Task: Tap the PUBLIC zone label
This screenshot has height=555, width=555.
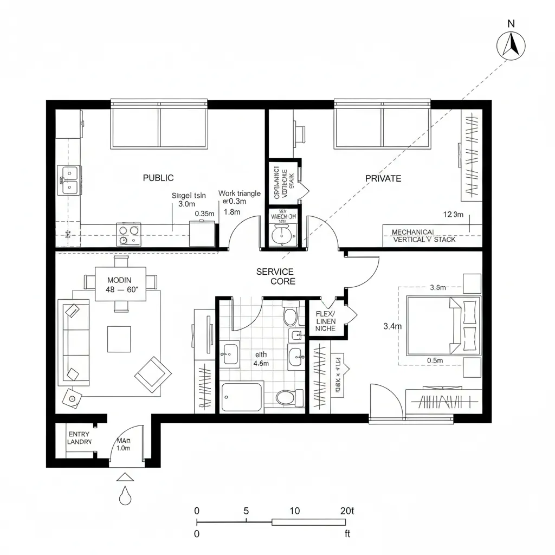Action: tap(158, 178)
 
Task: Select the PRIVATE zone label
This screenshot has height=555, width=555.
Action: tap(383, 178)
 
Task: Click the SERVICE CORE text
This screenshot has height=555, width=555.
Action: tap(275, 276)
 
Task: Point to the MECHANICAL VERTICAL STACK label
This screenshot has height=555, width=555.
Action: tap(424, 235)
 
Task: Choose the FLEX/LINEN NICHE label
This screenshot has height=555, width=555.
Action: tap(325, 321)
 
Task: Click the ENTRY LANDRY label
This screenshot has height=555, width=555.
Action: tap(80, 438)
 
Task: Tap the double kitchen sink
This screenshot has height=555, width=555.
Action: tap(69, 180)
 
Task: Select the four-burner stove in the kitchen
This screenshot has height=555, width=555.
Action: tap(128, 235)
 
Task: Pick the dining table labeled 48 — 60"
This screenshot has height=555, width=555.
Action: tap(121, 285)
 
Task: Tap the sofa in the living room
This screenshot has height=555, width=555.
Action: tap(76, 340)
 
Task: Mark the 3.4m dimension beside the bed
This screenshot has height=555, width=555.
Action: tap(392, 326)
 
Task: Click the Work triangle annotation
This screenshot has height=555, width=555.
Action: tap(239, 193)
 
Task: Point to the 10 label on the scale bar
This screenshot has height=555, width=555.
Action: tap(295, 511)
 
